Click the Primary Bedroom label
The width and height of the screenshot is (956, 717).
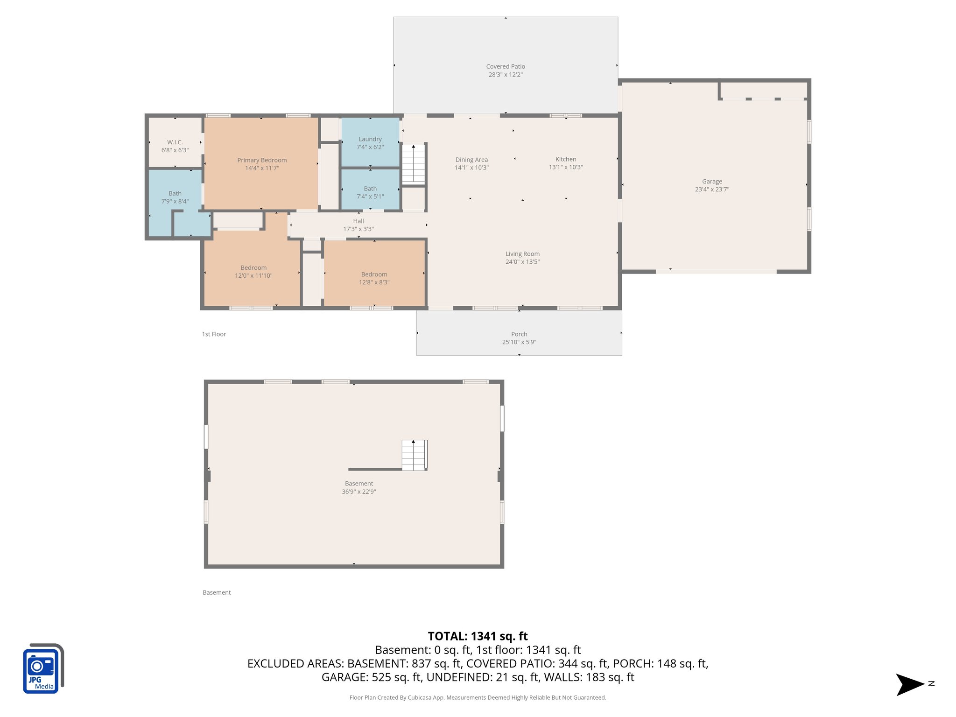click(262, 160)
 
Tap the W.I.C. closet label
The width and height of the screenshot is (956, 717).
click(175, 142)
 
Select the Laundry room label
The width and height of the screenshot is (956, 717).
click(370, 139)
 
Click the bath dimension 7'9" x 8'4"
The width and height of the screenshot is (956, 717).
click(175, 201)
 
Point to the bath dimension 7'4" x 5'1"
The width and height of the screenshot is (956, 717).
click(370, 197)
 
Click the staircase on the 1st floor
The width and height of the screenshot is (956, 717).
click(414, 163)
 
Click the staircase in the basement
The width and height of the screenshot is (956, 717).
click(414, 455)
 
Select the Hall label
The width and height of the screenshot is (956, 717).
click(358, 221)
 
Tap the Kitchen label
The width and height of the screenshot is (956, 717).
click(566, 159)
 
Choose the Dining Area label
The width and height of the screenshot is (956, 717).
click(471, 160)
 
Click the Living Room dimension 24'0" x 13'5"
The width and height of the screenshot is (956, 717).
click(522, 262)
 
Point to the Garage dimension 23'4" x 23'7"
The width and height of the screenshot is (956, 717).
click(712, 190)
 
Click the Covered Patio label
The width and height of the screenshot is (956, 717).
click(506, 67)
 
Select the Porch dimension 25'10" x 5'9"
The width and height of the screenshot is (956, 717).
click(519, 342)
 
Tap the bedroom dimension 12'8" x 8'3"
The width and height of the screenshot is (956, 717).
click(374, 282)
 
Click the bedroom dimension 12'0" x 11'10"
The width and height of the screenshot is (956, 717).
click(253, 276)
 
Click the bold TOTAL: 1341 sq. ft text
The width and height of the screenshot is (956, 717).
click(478, 636)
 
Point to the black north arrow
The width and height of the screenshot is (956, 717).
click(909, 684)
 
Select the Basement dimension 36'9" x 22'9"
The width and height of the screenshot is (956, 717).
click(358, 492)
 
